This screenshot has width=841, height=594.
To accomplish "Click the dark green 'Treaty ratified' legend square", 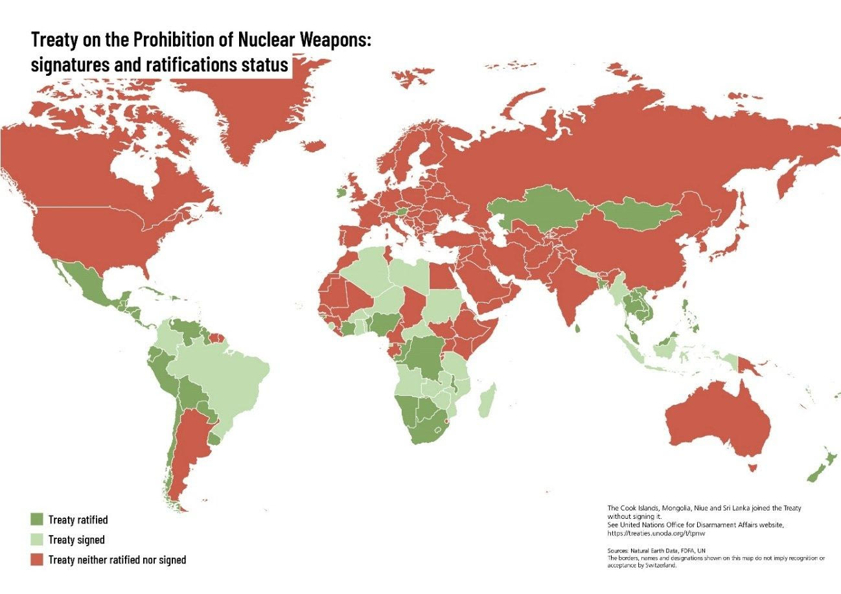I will click(x=37, y=519).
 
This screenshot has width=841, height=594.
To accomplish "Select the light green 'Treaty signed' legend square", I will click(x=37, y=539).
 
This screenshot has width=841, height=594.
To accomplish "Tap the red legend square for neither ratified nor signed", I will click(x=37, y=559).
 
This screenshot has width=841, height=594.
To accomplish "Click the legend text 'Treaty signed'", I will click(x=76, y=540).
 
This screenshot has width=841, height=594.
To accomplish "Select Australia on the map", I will click(x=719, y=421).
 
